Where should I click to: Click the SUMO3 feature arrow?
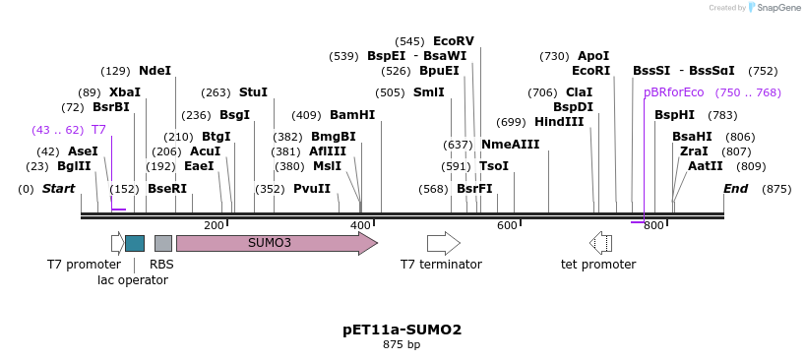(276, 243)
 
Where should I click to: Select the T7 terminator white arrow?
(443, 243)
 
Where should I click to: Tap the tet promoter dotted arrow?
(600, 243)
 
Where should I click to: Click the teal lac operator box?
(135, 243)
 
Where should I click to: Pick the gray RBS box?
(163, 243)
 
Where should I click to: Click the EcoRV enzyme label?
(454, 41)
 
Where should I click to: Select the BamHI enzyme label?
(352, 115)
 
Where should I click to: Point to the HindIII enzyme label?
(559, 122)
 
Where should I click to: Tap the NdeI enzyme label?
(155, 71)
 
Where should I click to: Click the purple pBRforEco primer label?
(674, 92)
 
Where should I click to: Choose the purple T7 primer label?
(98, 130)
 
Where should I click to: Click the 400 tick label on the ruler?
(360, 226)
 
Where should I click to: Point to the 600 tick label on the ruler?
(507, 226)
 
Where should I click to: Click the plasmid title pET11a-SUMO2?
(402, 330)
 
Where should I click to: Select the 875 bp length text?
(402, 345)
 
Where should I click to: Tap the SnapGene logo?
(772, 8)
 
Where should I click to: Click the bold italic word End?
(736, 189)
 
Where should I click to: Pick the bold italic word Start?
(58, 189)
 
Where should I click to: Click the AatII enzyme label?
(706, 166)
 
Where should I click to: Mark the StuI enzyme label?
(253, 92)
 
